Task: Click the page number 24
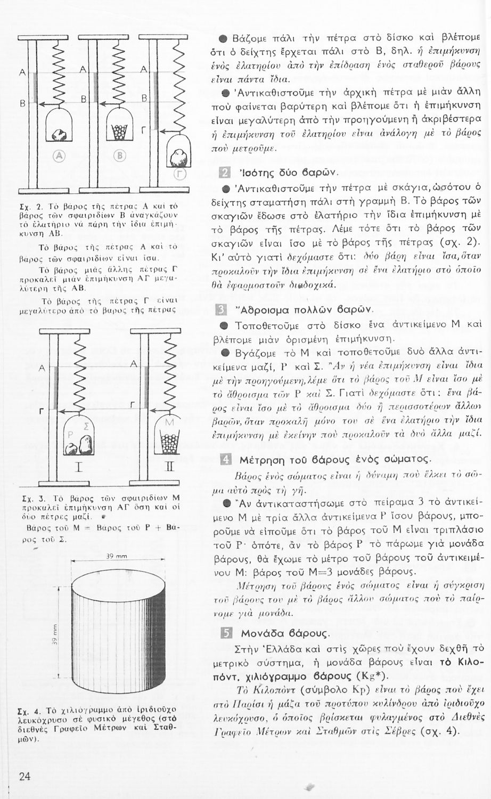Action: (x=24, y=776)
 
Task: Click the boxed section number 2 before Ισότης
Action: (x=225, y=172)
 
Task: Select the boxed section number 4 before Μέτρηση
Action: (x=225, y=459)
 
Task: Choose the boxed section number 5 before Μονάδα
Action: (x=225, y=633)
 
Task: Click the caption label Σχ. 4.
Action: (x=30, y=712)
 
